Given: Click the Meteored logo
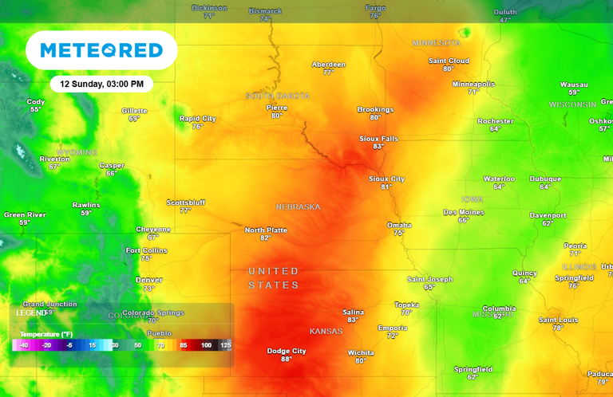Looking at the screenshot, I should [x=101, y=50].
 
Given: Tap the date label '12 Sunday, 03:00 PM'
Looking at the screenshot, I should [x=101, y=84].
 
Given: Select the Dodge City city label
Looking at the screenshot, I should [x=287, y=351].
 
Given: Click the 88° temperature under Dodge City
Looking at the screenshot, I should [x=287, y=360].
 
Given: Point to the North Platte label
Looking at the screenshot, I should [x=266, y=230].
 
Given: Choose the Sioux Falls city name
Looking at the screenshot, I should [x=378, y=138].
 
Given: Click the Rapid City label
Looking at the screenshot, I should [x=197, y=118].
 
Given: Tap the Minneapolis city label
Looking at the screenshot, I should [x=473, y=84].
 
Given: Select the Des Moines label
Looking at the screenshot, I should [x=464, y=212].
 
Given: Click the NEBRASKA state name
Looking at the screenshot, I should [x=298, y=206].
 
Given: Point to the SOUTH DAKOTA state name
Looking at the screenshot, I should [x=276, y=96].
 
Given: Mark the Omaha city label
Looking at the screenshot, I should [x=399, y=225].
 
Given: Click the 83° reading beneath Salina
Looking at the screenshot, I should [x=353, y=320].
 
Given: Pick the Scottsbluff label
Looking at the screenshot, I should [x=185, y=202].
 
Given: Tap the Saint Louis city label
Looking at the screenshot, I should [x=557, y=320].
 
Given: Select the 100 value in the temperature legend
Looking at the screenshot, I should [x=206, y=345].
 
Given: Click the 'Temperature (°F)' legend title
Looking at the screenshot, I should [x=45, y=333].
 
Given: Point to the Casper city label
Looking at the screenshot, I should [x=112, y=165].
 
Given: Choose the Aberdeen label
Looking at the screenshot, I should [x=328, y=64].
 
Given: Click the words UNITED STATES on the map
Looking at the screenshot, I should [x=273, y=277].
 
